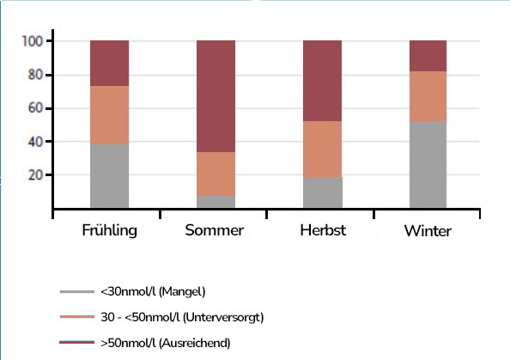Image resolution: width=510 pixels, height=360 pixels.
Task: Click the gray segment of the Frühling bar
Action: pos(109,176)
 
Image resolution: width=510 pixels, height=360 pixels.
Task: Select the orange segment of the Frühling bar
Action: pos(109,115)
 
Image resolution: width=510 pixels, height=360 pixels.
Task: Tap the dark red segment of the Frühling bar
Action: pos(109,63)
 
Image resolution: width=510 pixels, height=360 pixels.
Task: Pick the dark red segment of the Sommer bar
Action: pos(216,96)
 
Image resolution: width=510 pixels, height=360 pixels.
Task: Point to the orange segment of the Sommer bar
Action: pos(216,174)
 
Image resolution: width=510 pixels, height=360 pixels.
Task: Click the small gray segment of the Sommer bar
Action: pos(216,202)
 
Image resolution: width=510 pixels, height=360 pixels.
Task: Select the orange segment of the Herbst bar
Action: pos(322,149)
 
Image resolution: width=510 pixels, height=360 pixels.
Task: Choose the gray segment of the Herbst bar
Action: pos(322,192)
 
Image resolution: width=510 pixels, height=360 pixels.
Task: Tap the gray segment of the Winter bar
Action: pos(428,165)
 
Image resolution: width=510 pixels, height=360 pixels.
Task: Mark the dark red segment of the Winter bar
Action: pos(428,56)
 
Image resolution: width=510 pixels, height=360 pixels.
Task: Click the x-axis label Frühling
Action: pos(109,231)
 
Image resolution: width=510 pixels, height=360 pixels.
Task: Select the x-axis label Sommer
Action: pos(216,231)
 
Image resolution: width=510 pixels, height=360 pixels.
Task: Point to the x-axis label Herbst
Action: pos(322,231)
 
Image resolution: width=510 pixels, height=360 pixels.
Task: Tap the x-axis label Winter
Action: pos(428,231)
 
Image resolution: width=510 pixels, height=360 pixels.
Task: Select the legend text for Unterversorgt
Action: pos(181,317)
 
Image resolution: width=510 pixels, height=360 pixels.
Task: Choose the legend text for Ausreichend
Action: pos(165,343)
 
